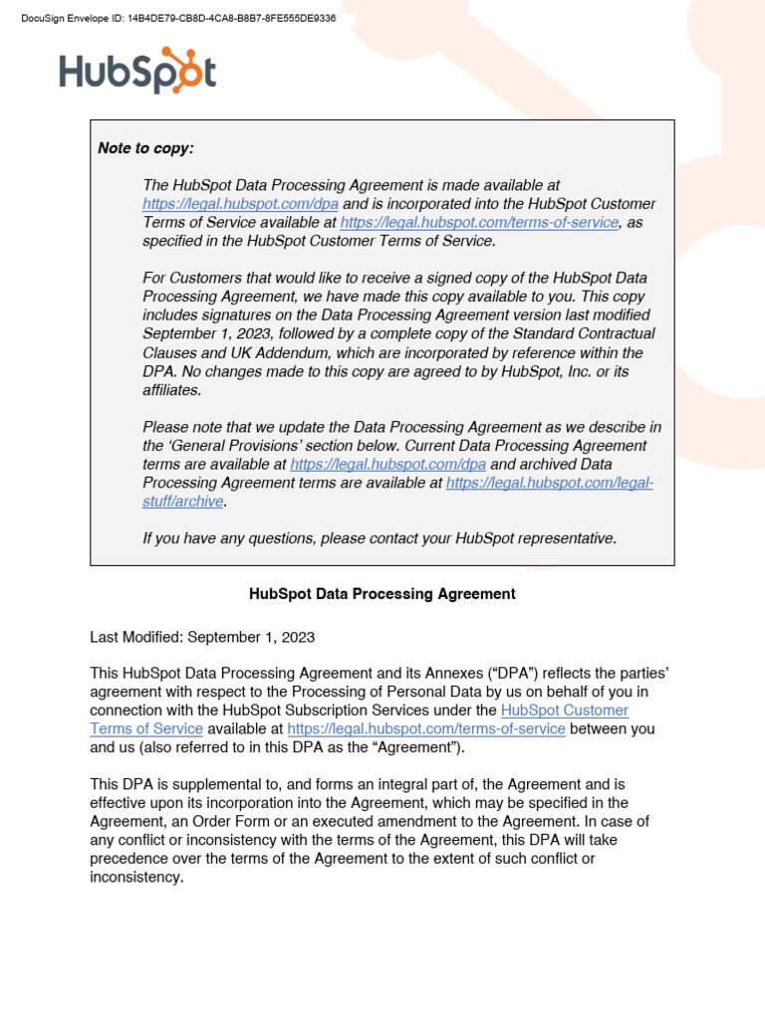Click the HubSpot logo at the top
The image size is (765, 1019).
point(137,71)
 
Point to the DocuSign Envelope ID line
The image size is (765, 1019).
point(178,18)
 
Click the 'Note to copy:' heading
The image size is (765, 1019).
point(145,148)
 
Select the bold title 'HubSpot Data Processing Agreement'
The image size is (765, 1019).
point(382,594)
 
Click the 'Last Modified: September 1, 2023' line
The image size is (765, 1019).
point(202,637)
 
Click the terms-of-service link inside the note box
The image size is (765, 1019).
point(479,222)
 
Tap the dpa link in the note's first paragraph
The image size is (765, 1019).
point(240,204)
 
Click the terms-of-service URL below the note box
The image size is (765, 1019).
point(426,729)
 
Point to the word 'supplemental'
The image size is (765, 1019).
point(210,785)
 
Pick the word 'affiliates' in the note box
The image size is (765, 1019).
point(170,390)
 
